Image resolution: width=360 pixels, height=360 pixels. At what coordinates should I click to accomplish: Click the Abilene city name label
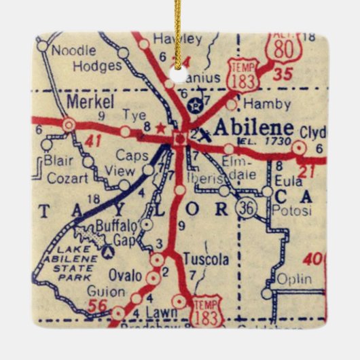click(x=253, y=128)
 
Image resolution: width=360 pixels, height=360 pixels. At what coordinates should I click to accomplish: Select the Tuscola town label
click(x=206, y=259)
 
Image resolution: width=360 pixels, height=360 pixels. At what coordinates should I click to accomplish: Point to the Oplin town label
click(x=293, y=278)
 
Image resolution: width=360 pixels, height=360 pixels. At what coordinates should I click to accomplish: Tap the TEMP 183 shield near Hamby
click(x=242, y=73)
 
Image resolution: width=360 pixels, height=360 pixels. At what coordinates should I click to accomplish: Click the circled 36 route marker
click(x=247, y=209)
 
